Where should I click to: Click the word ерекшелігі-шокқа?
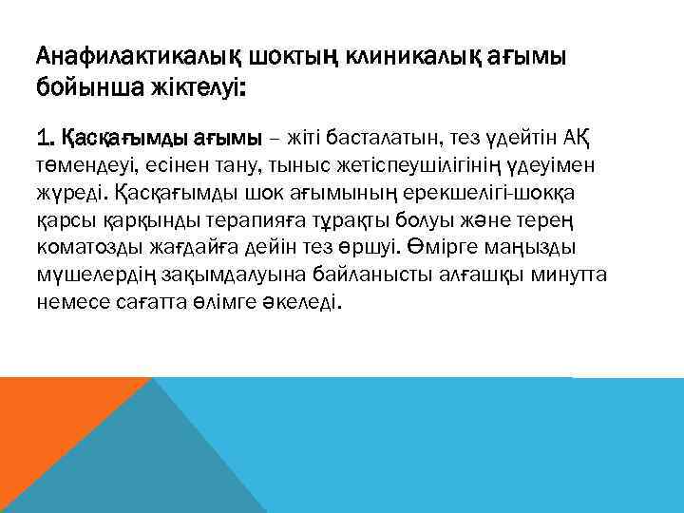(511, 195)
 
